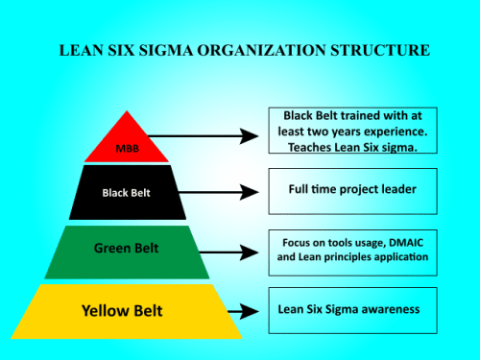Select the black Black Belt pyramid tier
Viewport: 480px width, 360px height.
click(128, 192)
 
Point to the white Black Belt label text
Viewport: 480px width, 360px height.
click(128, 192)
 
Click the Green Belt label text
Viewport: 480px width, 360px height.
click(127, 249)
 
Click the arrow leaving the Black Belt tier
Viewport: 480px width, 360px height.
click(223, 192)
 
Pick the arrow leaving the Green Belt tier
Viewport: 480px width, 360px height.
click(235, 252)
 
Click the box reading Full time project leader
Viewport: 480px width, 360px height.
click(352, 190)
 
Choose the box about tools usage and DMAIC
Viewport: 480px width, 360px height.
click(352, 249)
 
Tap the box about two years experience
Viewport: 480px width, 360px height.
click(352, 130)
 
